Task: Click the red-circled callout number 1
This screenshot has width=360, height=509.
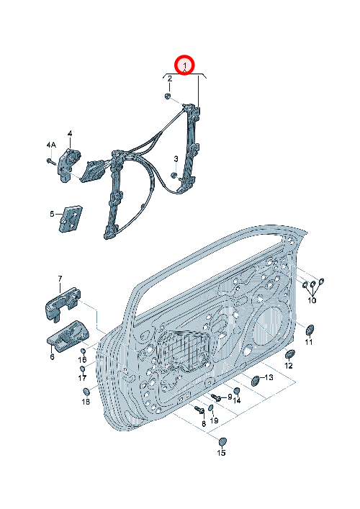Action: (184, 66)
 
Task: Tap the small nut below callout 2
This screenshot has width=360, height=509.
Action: (168, 96)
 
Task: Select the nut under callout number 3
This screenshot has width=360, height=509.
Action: (174, 175)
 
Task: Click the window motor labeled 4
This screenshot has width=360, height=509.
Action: (68, 166)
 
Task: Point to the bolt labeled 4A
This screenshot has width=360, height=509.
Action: (50, 161)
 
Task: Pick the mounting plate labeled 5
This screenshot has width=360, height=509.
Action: (71, 219)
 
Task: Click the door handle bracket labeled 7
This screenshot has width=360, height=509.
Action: (62, 304)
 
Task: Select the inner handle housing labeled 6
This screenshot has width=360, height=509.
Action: (67, 336)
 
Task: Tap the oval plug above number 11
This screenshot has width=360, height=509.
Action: (310, 330)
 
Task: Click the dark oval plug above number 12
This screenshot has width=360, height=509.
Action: (289, 354)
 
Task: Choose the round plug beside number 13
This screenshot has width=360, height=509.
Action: (256, 380)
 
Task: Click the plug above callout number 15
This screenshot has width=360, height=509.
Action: (222, 442)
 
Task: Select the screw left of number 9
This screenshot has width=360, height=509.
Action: (216, 397)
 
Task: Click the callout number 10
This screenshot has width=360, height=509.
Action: (312, 300)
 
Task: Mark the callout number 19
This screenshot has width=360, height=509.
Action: (214, 420)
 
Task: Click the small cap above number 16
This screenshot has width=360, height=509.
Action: (83, 351)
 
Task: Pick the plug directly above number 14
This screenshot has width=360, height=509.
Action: (237, 391)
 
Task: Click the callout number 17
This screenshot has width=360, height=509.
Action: (82, 378)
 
